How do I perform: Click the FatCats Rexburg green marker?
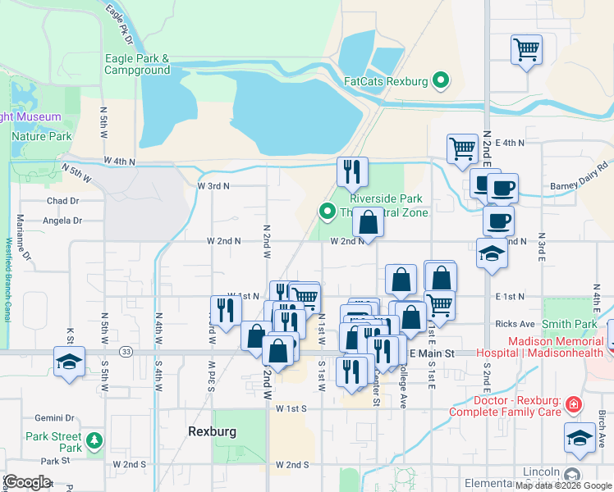442,80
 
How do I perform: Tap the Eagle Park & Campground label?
137,64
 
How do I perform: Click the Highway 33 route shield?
126,351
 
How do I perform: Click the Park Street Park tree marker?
95,441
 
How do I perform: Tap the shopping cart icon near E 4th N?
462,148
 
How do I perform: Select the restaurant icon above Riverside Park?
352,171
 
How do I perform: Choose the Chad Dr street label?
62,201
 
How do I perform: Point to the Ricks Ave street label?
514,325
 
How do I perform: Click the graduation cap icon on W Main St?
69,362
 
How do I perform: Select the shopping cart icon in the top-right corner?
525,50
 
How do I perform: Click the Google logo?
27,481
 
